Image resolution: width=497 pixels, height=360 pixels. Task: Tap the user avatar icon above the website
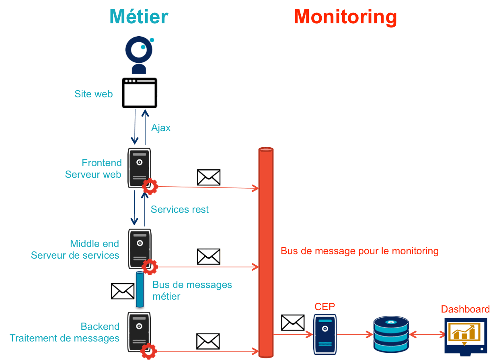139,55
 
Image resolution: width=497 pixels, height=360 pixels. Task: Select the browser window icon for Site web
140,93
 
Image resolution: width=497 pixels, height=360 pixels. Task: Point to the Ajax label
161,128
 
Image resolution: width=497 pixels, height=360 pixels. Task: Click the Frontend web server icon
139,167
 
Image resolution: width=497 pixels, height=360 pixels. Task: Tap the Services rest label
180,210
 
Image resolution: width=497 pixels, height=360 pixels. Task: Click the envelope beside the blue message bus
123,291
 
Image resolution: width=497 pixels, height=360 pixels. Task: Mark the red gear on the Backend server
149,351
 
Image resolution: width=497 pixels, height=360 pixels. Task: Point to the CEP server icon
325,334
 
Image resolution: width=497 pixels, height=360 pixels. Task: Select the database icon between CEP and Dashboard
391,334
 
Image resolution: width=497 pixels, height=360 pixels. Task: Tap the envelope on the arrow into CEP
293,323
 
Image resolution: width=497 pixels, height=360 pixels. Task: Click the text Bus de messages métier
192,290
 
